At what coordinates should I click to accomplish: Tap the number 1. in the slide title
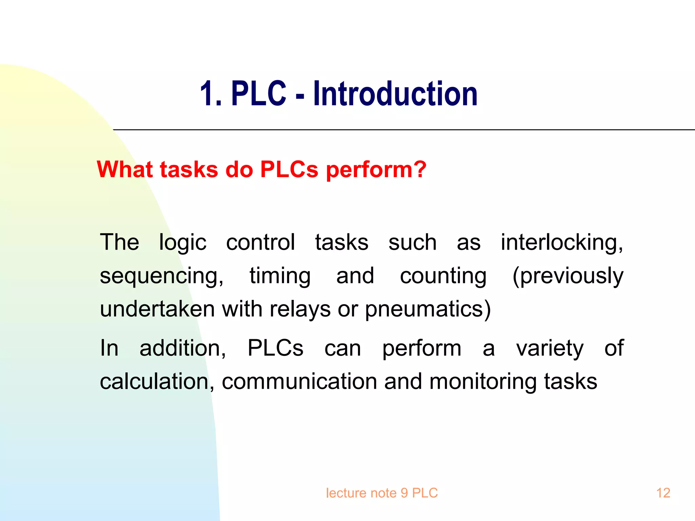[210, 94]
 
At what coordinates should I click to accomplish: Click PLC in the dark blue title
[259, 94]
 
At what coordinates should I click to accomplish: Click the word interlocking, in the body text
[562, 243]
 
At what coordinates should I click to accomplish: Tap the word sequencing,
[162, 276]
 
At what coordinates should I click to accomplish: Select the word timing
[280, 276]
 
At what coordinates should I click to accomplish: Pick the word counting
[443, 276]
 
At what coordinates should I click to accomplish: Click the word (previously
[568, 276]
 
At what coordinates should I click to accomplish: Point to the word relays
[300, 309]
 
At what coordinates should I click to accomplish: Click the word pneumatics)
[428, 309]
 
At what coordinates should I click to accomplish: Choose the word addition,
[183, 348]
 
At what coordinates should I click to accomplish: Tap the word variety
[550, 348]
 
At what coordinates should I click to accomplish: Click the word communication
[299, 382]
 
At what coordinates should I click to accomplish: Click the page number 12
[663, 493]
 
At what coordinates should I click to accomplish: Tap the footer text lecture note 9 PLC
[382, 493]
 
